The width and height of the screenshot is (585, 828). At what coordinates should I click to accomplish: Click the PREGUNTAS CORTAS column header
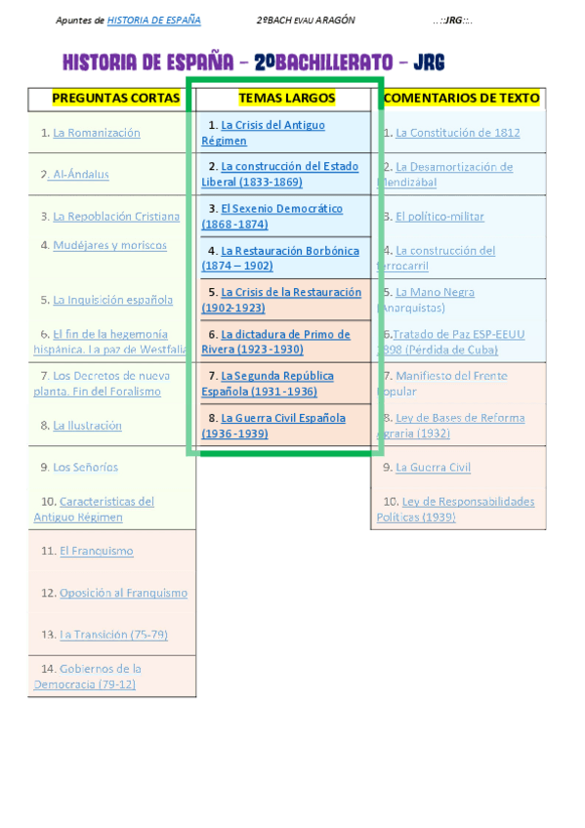coord(115,98)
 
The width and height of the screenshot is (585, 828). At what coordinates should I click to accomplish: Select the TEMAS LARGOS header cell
coord(286,98)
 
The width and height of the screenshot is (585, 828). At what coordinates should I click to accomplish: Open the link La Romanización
coord(97,133)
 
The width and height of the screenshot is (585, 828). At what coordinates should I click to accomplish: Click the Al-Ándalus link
coord(81,175)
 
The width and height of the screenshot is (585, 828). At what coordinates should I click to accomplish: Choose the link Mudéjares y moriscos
coord(109,245)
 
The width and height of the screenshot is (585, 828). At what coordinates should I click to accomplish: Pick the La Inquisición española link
coord(112,300)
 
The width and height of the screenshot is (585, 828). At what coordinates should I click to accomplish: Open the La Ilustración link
coord(87,426)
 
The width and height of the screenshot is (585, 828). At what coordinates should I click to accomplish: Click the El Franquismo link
coord(96,551)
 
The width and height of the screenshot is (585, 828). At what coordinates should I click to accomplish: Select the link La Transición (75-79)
coord(113,635)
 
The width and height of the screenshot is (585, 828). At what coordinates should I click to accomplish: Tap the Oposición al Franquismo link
coord(123,593)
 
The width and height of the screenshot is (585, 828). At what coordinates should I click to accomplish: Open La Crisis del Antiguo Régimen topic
coord(272,126)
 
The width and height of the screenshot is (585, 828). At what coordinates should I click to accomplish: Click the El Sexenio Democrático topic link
coord(281,209)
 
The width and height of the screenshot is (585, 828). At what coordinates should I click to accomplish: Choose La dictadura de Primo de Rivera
coord(285,335)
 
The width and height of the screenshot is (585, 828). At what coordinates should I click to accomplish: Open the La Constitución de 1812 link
coord(457,133)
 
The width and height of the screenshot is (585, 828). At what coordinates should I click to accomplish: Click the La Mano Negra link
coord(435,292)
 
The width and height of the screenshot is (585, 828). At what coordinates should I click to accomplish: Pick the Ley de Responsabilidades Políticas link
coord(465,502)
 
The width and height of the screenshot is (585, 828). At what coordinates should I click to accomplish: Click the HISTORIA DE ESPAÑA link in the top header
coord(153,21)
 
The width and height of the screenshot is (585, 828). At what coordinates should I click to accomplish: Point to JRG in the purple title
coord(429,63)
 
